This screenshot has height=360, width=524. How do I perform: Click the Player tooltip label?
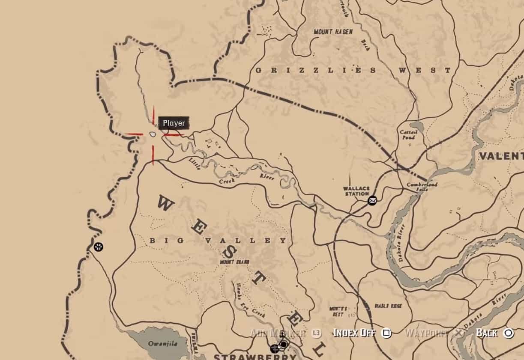(x=174, y=123)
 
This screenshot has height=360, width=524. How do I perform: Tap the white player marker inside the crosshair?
(x=152, y=134)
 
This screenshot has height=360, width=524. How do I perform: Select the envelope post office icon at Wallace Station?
(x=372, y=200)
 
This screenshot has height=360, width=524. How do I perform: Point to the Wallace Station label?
(x=356, y=191)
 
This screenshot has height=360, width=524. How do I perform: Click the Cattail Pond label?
(x=408, y=135)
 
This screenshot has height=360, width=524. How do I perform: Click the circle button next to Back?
(x=508, y=333)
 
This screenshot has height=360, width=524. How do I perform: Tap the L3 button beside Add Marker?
(x=316, y=333)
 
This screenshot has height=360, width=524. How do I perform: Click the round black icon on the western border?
(x=99, y=247)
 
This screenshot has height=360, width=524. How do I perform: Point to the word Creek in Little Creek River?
(x=228, y=182)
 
